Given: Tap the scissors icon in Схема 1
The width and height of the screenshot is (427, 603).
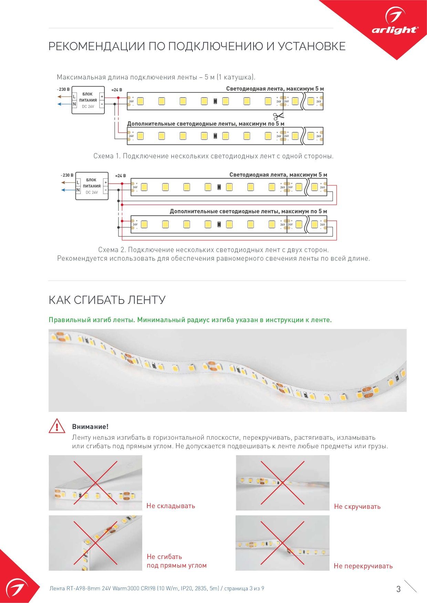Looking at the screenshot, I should point(278,116).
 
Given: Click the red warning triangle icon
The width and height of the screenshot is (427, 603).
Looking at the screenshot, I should point(57,426).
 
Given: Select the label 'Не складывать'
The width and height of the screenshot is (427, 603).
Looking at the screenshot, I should point(171,506).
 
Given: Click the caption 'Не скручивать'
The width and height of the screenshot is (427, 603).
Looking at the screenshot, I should point(357,506).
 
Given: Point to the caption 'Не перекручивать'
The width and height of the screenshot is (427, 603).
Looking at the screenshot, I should point(363,566).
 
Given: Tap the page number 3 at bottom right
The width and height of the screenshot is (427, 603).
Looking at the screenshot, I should point(398,589).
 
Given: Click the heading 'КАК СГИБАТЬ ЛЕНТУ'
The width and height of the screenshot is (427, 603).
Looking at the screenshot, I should point(107,300).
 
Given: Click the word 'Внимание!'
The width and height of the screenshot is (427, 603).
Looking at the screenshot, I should point(90,427).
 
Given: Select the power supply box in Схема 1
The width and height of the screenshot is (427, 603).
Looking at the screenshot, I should point(88,100).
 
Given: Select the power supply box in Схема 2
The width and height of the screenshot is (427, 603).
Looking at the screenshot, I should point(92,186).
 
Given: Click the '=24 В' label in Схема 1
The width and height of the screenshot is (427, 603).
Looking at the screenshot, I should point(116,90).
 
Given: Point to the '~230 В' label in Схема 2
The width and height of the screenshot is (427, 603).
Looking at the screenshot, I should point(67,175).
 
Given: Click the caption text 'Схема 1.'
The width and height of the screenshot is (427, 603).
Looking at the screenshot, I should point(107,156).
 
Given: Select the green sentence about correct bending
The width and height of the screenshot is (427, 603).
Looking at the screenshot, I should point(190,320).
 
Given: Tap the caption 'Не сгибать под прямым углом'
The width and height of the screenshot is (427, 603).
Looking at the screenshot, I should point(176,561).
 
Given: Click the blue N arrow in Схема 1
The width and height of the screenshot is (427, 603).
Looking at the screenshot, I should point(64,104).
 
